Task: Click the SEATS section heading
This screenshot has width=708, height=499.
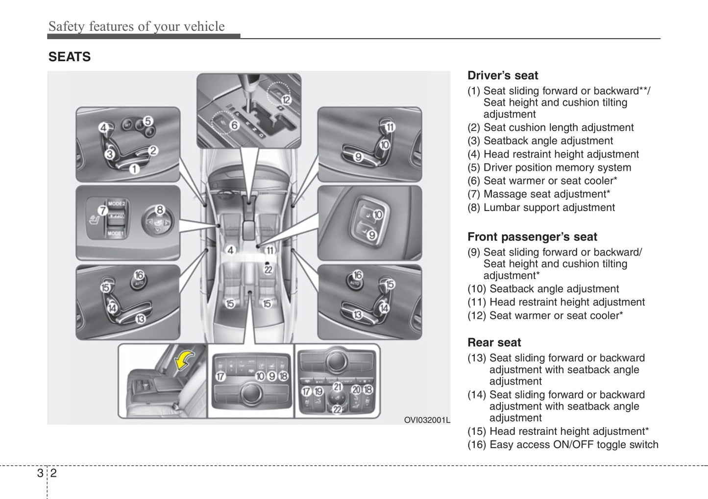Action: [69, 57]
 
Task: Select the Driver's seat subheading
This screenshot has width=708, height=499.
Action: [502, 75]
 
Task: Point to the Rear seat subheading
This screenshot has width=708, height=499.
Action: [494, 342]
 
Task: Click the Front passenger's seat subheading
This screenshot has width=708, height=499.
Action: [532, 237]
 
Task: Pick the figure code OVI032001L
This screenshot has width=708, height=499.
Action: [426, 420]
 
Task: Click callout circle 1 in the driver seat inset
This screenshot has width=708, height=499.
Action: [134, 169]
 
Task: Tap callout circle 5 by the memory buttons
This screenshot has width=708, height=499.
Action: [148, 120]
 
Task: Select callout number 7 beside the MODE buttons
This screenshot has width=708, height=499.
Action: [102, 211]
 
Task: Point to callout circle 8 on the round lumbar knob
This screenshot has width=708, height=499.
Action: [160, 210]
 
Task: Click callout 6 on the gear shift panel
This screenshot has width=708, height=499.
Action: [234, 125]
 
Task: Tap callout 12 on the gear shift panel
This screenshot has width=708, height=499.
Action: [286, 100]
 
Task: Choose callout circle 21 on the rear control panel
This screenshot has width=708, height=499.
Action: [338, 386]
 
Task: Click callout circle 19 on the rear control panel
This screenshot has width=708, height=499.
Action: [318, 391]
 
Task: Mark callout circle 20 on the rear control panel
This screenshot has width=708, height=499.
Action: [356, 390]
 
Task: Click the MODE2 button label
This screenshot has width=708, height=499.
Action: [117, 203]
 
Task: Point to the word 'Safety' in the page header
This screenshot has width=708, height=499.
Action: [67, 26]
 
